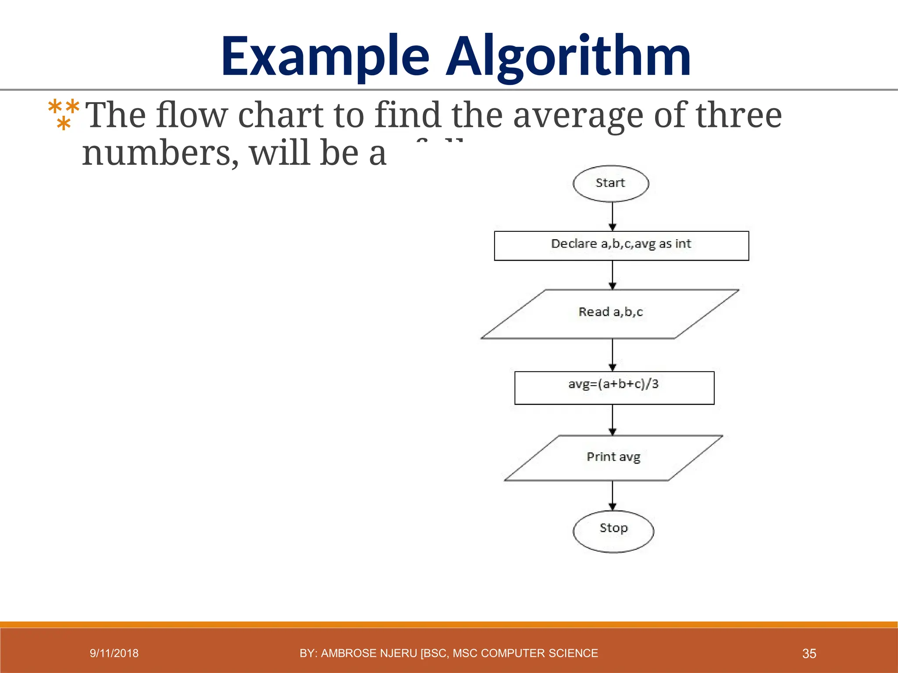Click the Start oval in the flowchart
pyautogui.click(x=611, y=184)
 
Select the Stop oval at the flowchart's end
pyautogui.click(x=613, y=531)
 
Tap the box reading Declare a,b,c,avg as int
pyautogui.click(x=621, y=245)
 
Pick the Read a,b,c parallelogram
pyautogui.click(x=610, y=314)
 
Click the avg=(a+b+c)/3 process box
pyautogui.click(x=614, y=387)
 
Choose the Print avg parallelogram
pyautogui.click(x=613, y=457)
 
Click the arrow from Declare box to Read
pyautogui.click(x=613, y=275)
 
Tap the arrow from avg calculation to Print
pyautogui.click(x=613, y=419)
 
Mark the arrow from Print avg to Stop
pyautogui.click(x=613, y=496)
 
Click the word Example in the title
pyautogui.click(x=325, y=57)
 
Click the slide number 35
pyautogui.click(x=809, y=654)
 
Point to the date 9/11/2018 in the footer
pyautogui.click(x=114, y=653)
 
